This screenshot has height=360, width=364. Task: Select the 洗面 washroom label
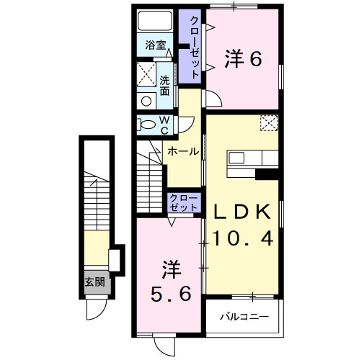click(x=165, y=86)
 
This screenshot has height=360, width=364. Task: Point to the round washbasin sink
click(x=146, y=102)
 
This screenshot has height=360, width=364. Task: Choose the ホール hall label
click(x=182, y=152)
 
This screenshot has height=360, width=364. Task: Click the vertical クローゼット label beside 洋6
click(x=194, y=45)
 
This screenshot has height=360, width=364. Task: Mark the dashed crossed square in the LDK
click(x=269, y=123)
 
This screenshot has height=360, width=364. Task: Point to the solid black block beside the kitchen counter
click(x=267, y=173)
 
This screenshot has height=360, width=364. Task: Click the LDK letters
click(x=242, y=210)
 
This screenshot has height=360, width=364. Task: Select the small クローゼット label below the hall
click(x=184, y=202)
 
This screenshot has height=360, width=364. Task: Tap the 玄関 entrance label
click(x=94, y=282)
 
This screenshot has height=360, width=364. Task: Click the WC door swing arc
click(x=186, y=122)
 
